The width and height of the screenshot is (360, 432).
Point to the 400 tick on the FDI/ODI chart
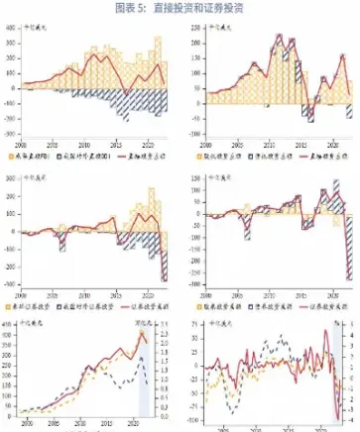12,27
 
